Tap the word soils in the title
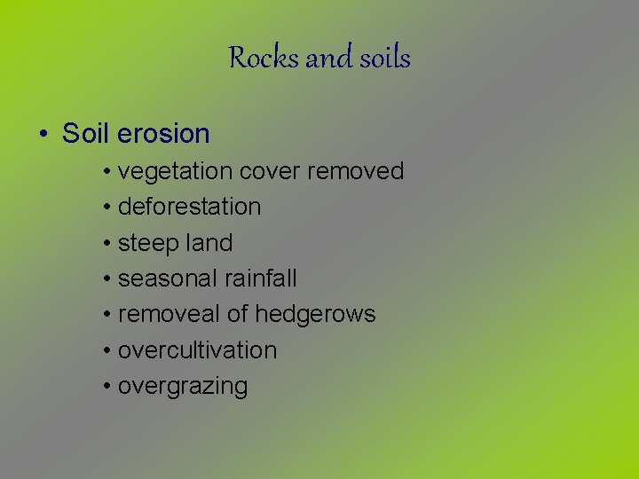(385, 59)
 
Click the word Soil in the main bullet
(86, 134)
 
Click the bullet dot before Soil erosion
(43, 135)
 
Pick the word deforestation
(189, 207)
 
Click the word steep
(148, 244)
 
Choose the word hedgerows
(315, 315)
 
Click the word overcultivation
(197, 350)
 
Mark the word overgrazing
(183, 387)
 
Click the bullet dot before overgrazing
(106, 387)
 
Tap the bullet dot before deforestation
(106, 208)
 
